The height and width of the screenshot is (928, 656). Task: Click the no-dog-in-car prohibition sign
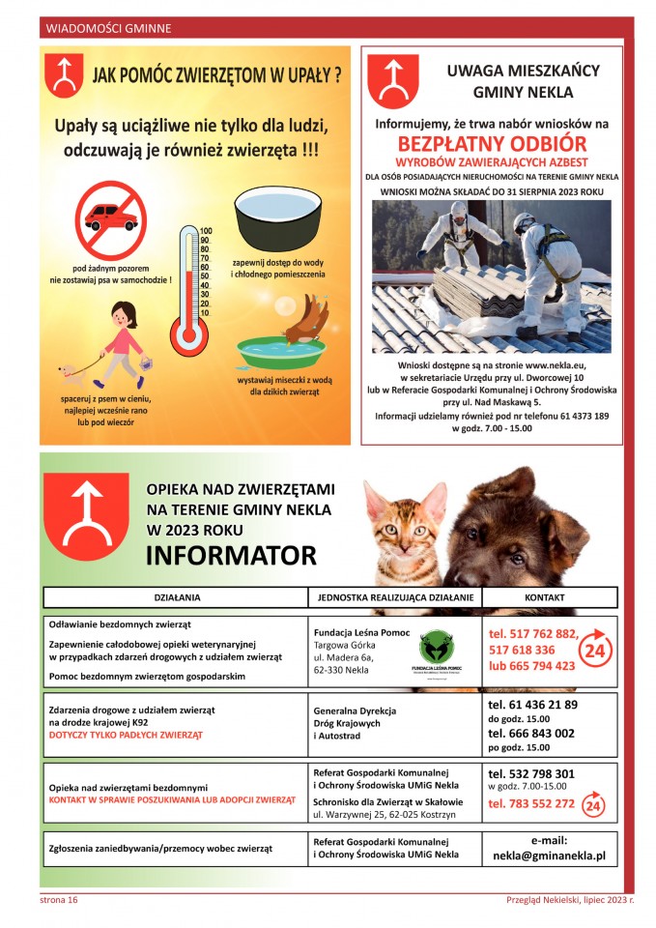(111, 220)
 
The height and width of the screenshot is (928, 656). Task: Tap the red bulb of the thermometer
(188, 335)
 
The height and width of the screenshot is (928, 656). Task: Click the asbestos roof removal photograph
(492, 276)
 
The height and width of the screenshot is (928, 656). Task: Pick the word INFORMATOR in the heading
(231, 556)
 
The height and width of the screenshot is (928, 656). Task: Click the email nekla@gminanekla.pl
(549, 855)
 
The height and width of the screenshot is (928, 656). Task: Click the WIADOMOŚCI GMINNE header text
(108, 29)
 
